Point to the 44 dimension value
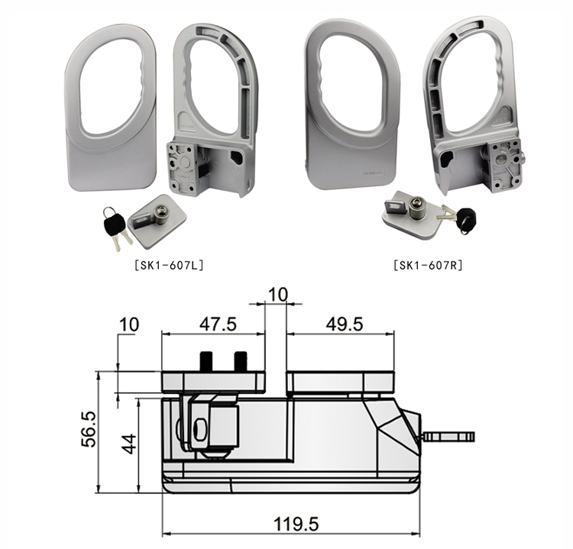click(x=129, y=444)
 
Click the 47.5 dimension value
click(x=218, y=323)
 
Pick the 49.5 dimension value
click(x=344, y=323)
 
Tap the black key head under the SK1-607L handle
click(x=113, y=221)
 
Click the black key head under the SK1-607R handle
click(x=465, y=221)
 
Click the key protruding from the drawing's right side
click(x=449, y=438)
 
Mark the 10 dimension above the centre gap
click(x=277, y=294)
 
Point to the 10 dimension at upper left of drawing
click(x=129, y=324)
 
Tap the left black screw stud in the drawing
click(x=206, y=360)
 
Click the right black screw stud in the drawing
click(x=241, y=360)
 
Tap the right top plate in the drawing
click(x=340, y=381)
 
